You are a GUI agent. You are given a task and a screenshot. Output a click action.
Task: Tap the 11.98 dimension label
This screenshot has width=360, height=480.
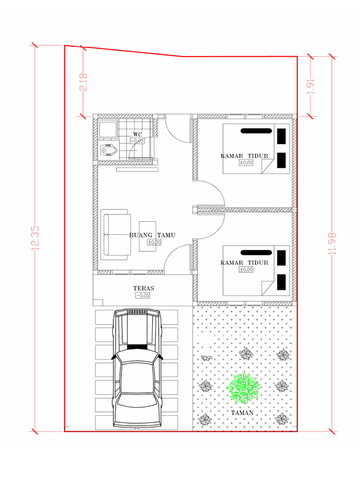tap(333, 244)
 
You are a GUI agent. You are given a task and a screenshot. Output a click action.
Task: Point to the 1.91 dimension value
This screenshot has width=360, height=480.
tap(310, 85)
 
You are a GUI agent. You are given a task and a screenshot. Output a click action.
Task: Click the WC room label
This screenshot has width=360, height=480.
tap(138, 135)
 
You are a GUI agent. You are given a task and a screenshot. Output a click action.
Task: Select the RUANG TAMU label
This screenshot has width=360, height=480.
tap(152, 235)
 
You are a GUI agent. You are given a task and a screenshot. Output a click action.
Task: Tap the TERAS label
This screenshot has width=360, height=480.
tap(143, 288)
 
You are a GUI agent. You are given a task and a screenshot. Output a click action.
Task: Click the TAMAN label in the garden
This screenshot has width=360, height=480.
tap(242, 412)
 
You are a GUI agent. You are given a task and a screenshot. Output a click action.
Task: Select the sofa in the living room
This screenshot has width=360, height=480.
tap(115, 234)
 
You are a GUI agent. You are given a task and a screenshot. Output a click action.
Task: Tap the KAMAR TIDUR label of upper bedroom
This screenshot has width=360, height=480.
tap(244, 156)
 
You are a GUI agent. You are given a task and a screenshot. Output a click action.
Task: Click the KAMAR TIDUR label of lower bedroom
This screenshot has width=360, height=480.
tap(244, 262)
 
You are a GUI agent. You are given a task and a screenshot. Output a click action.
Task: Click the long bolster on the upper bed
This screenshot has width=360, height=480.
tap(256, 131)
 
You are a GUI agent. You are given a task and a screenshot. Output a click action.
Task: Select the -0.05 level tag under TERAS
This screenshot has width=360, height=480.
tap(142, 295)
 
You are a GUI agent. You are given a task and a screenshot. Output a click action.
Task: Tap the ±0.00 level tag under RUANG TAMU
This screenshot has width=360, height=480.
tap(154, 242)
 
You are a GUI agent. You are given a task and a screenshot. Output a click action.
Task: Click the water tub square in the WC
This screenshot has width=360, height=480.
tap(109, 128)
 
